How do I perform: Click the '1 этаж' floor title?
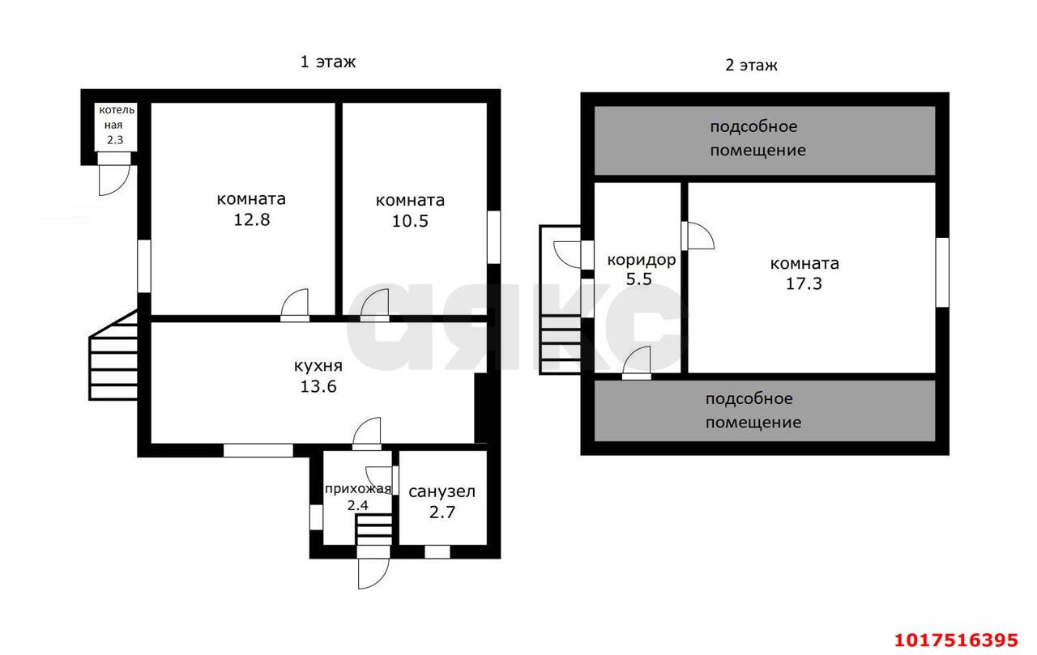pos(328,62)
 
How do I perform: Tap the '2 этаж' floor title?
pos(751,66)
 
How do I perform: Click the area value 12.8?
pos(251,219)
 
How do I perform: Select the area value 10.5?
pos(410,221)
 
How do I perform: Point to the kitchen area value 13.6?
pos(318,386)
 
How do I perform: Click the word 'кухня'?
pos(318,366)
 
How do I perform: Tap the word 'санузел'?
pos(442,491)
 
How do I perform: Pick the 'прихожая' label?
pos(358,489)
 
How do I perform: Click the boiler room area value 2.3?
pos(115,140)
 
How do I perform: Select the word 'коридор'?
pos(641,261)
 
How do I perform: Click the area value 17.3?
pos(804,283)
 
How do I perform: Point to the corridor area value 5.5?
pos(639,279)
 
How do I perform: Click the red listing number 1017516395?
pos(956,640)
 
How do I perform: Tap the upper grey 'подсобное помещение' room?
pos(765,141)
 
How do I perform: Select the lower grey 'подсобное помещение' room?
pos(765,410)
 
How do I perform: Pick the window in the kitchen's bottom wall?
pos(258,450)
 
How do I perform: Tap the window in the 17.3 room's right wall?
pos(942,273)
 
